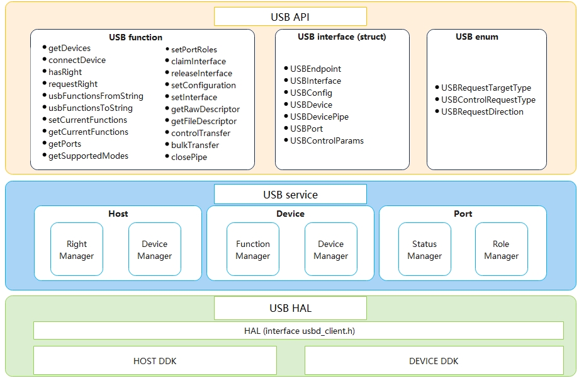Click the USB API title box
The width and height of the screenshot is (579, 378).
tap(290, 17)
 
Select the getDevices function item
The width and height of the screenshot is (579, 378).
tap(69, 49)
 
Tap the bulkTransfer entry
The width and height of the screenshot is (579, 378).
tap(194, 145)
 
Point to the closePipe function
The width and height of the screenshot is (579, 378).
tap(189, 157)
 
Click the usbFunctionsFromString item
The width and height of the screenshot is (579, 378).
tap(96, 96)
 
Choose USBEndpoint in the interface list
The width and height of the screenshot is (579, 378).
tap(315, 69)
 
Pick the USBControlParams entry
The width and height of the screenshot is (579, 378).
tap(327, 140)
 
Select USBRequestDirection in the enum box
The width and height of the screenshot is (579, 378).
tap(482, 112)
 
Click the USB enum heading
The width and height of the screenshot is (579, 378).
tap(476, 37)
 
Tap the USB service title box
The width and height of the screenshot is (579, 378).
tap(290, 195)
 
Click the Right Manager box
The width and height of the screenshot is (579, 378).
tap(77, 250)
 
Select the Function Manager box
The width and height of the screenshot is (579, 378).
tap(253, 250)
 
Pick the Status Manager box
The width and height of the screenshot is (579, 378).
tap(425, 250)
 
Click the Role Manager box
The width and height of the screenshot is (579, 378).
tap(502, 250)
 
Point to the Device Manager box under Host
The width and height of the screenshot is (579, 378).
tap(155, 250)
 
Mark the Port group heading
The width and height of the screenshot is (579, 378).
tap(463, 214)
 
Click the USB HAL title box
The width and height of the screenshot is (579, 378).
tap(290, 309)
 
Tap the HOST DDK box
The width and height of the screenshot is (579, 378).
tap(155, 361)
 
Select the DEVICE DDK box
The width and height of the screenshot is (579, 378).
tap(434, 361)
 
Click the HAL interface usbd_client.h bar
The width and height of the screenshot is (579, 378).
tap(298, 331)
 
